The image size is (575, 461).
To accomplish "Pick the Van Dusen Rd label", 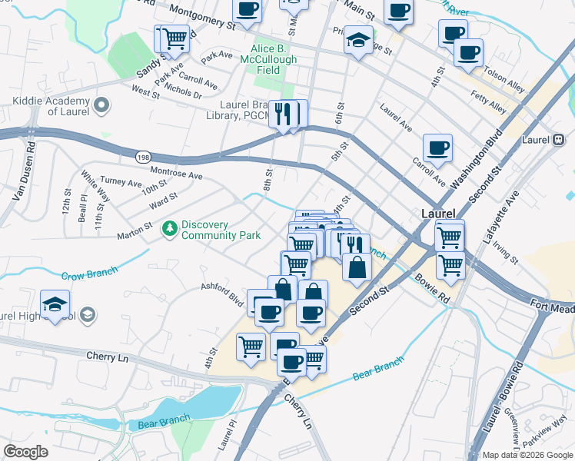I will (24, 174).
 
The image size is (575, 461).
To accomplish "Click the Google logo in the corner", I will (25, 451).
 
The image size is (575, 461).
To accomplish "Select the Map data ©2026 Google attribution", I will (527, 455).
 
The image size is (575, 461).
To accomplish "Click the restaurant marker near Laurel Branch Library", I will (287, 115).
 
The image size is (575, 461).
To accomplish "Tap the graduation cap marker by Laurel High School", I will (55, 306).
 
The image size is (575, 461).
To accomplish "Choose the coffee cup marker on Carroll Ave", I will (437, 148).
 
